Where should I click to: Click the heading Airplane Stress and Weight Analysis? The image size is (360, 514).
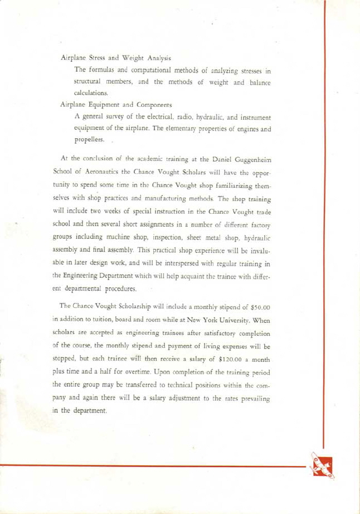click(115, 57)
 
